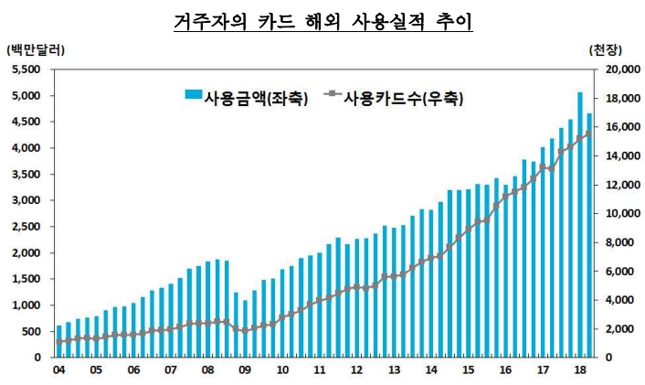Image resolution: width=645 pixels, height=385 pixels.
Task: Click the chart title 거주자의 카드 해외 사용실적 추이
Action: pyautogui.click(x=322, y=20)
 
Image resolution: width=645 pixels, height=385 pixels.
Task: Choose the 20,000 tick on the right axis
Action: pyautogui.click(x=620, y=70)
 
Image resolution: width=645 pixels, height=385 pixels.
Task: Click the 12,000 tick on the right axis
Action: pyautogui.click(x=620, y=185)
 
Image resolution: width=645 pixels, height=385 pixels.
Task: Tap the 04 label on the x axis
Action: pyautogui.click(x=59, y=371)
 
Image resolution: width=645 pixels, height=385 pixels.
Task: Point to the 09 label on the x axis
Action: pyautogui.click(x=245, y=371)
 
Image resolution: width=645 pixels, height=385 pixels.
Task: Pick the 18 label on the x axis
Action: pyautogui.click(x=580, y=371)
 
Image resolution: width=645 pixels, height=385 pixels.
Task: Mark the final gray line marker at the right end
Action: pyautogui.click(x=589, y=133)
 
